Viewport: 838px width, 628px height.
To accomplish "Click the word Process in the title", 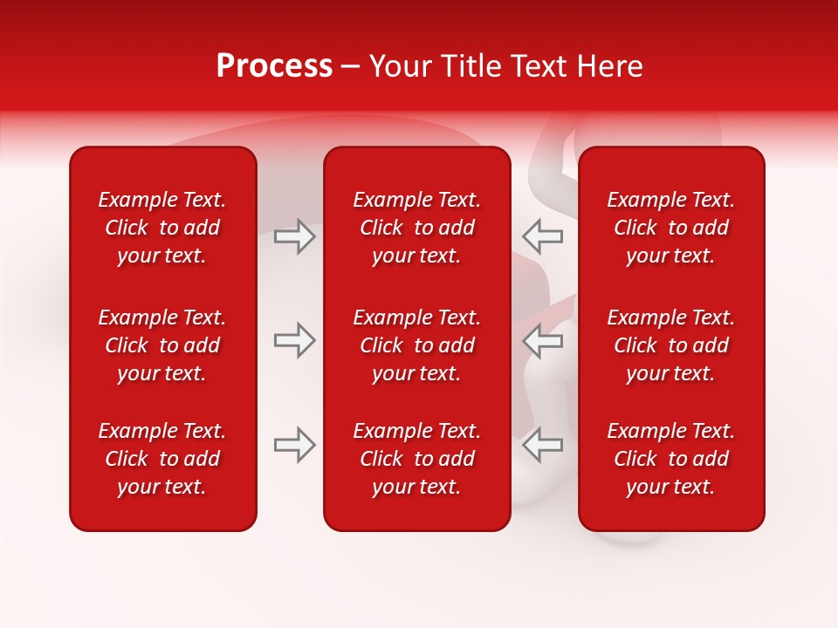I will tap(274, 66).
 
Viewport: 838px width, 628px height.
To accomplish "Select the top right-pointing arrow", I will tap(294, 236).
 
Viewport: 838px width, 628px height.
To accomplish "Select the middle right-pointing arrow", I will tap(294, 340).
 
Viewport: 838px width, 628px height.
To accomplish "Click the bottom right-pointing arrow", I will tap(294, 445).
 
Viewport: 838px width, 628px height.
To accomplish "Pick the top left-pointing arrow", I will tap(543, 236).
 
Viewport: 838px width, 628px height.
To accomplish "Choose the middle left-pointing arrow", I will tap(543, 340).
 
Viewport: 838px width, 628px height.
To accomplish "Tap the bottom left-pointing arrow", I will tap(543, 445).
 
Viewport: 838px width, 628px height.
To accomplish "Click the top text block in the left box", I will tap(162, 228).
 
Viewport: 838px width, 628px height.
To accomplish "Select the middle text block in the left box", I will tap(162, 345).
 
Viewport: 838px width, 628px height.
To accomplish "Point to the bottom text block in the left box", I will tap(162, 459).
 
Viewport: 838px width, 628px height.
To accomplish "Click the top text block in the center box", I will tap(416, 228).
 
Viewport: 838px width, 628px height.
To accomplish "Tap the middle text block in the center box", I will tap(416, 345).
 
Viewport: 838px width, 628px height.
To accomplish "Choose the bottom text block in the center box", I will tap(416, 459).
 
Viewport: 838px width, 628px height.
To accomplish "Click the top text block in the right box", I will tap(670, 228).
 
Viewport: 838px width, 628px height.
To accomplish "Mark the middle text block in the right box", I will tap(670, 345).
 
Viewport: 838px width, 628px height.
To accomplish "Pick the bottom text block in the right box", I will tap(670, 459).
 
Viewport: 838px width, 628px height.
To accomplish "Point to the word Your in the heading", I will tap(399, 66).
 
